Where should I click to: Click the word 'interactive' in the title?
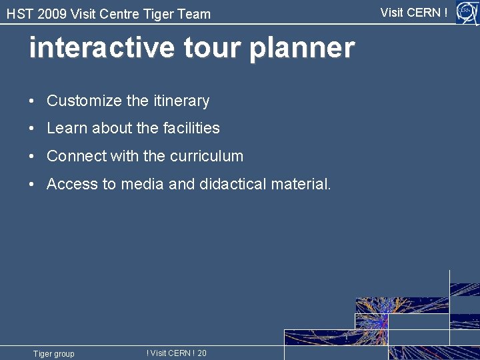click(x=91, y=48)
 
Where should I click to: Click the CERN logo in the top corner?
click(x=466, y=12)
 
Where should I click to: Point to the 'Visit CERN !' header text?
click(x=413, y=12)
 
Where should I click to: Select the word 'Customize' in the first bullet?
click(x=84, y=101)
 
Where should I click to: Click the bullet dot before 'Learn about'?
click(x=32, y=129)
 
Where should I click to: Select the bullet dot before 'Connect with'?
click(x=32, y=157)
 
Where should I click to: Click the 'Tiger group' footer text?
click(x=54, y=354)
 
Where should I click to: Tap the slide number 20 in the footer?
click(x=202, y=353)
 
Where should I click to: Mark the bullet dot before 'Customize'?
click(x=32, y=101)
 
